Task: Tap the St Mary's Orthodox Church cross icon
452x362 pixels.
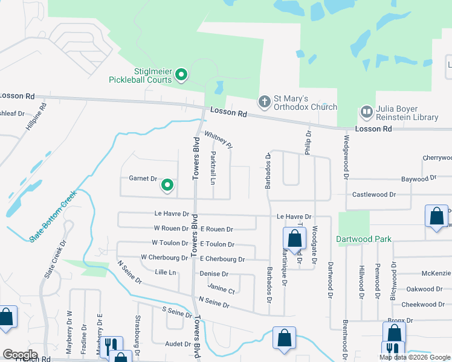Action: pyautogui.click(x=264, y=102)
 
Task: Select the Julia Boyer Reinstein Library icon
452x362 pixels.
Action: pyautogui.click(x=367, y=112)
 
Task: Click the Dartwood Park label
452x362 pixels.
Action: pyautogui.click(x=364, y=238)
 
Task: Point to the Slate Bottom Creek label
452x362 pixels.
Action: pyautogui.click(x=53, y=217)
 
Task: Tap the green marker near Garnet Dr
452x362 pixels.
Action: pyautogui.click(x=167, y=185)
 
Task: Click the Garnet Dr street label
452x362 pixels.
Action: pyautogui.click(x=143, y=179)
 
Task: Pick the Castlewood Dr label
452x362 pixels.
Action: pyautogui.click(x=374, y=195)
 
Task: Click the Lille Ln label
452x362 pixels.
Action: pyautogui.click(x=165, y=273)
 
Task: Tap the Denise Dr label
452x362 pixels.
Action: pyautogui.click(x=213, y=274)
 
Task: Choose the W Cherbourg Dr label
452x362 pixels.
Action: pyautogui.click(x=164, y=257)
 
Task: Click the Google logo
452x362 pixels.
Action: pyautogui.click(x=20, y=355)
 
